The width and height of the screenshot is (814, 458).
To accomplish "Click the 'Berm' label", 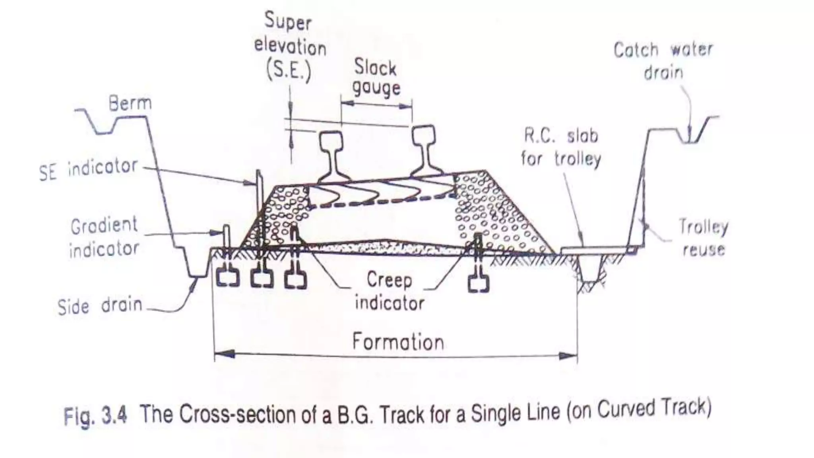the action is pyautogui.click(x=130, y=104).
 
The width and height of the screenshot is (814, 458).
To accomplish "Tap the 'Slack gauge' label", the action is pyautogui.click(x=376, y=78).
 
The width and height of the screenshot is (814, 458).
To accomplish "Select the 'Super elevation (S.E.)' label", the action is pyautogui.click(x=289, y=47).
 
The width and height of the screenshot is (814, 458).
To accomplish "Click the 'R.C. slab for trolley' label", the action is pyautogui.click(x=561, y=147).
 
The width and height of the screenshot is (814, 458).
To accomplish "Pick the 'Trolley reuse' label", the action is pyautogui.click(x=703, y=238).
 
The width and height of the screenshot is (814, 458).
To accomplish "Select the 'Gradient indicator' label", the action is pyautogui.click(x=104, y=237).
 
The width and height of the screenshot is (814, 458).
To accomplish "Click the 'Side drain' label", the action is pyautogui.click(x=100, y=306).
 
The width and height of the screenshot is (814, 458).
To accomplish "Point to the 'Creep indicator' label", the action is pyautogui.click(x=390, y=291).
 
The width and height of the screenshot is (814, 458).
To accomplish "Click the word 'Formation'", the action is pyautogui.click(x=398, y=342).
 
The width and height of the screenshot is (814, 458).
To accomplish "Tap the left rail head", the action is pyautogui.click(x=331, y=141).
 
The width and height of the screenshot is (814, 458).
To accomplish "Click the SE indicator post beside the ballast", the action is pyautogui.click(x=259, y=207).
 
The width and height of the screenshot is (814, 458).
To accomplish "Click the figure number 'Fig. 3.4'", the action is pyautogui.click(x=95, y=416).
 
